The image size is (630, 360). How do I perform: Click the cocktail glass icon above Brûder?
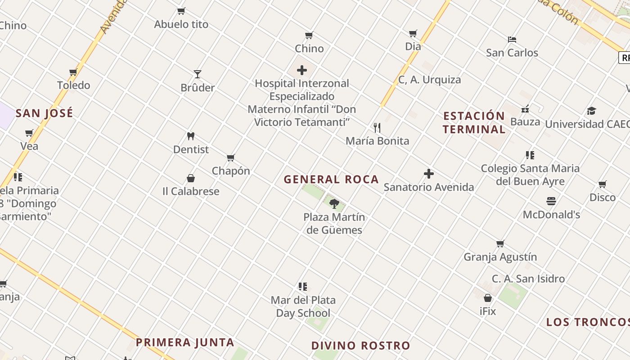coord(197,74)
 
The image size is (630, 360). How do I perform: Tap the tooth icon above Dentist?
coord(191,136)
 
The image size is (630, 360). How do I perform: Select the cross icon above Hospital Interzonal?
coord(302,70)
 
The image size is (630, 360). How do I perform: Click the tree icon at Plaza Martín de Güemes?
coord(334,203)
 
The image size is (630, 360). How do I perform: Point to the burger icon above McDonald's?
coord(551,201)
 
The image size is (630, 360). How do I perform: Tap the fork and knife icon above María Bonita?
coord(377,128)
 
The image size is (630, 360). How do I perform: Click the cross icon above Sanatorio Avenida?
coord(429,174)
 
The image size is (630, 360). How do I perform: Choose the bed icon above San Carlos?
coord(512,40)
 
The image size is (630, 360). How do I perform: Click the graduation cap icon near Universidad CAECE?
coord(591,111)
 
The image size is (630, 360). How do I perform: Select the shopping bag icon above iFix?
coord(488,298)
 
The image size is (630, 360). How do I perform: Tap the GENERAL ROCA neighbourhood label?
coord(331,180)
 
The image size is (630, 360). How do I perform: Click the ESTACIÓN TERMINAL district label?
coord(474,122)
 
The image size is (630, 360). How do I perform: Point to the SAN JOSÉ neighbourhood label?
coord(44,113)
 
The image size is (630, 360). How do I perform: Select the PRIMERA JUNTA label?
coord(185,342)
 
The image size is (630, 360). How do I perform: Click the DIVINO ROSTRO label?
coord(361,346)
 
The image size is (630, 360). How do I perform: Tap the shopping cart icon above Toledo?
coord(73,72)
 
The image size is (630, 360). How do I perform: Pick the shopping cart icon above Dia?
coord(413,33)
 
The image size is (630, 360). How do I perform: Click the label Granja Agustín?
coord(500,257)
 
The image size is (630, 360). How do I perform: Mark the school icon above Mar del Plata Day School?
coord(303,287)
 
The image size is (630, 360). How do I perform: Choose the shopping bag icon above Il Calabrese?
coord(191,178)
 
